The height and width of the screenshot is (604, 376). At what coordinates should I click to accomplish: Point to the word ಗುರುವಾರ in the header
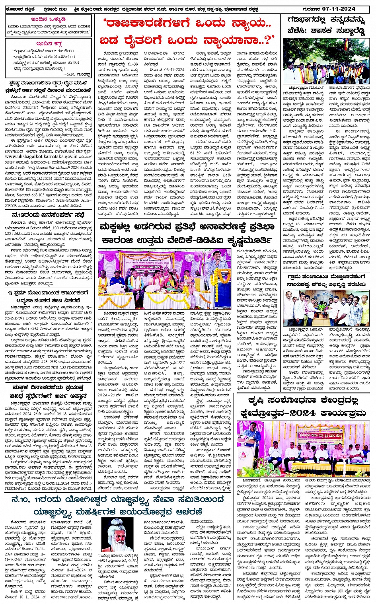coord(321,9)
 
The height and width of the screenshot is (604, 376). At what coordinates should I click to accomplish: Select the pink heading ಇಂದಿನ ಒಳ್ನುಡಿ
coord(49,19)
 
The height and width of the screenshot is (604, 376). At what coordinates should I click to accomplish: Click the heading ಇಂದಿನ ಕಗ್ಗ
coord(49,43)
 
